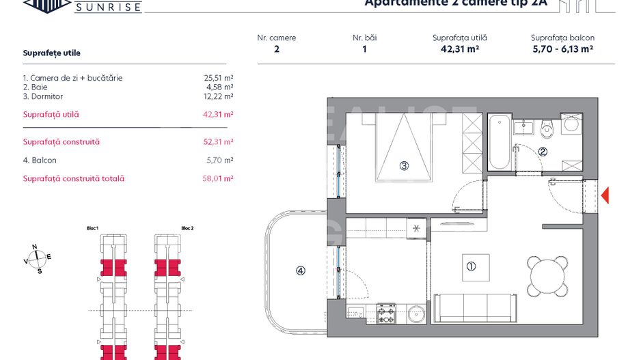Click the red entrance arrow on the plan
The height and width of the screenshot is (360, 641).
pos(604,195)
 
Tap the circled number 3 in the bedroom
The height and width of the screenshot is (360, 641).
pos(404,165)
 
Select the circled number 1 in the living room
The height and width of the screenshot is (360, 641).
pos(470,266)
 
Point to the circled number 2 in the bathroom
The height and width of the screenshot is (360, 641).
pos(543,152)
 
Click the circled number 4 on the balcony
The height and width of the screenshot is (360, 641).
pos(301,271)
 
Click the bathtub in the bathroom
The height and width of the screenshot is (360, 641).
pos(499,143)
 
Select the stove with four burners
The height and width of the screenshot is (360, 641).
pos(387,313)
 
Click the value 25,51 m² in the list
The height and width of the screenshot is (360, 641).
pos(219,78)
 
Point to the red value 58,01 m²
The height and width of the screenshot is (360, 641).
pos(219,178)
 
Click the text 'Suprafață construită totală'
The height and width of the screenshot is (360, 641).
pos(74,178)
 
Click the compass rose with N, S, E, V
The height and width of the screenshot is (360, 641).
pos(38,258)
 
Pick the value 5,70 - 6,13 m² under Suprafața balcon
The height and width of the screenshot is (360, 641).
pos(562,49)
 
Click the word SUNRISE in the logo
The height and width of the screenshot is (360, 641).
pos(108,8)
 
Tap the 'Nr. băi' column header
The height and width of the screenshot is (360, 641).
pos(365,38)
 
